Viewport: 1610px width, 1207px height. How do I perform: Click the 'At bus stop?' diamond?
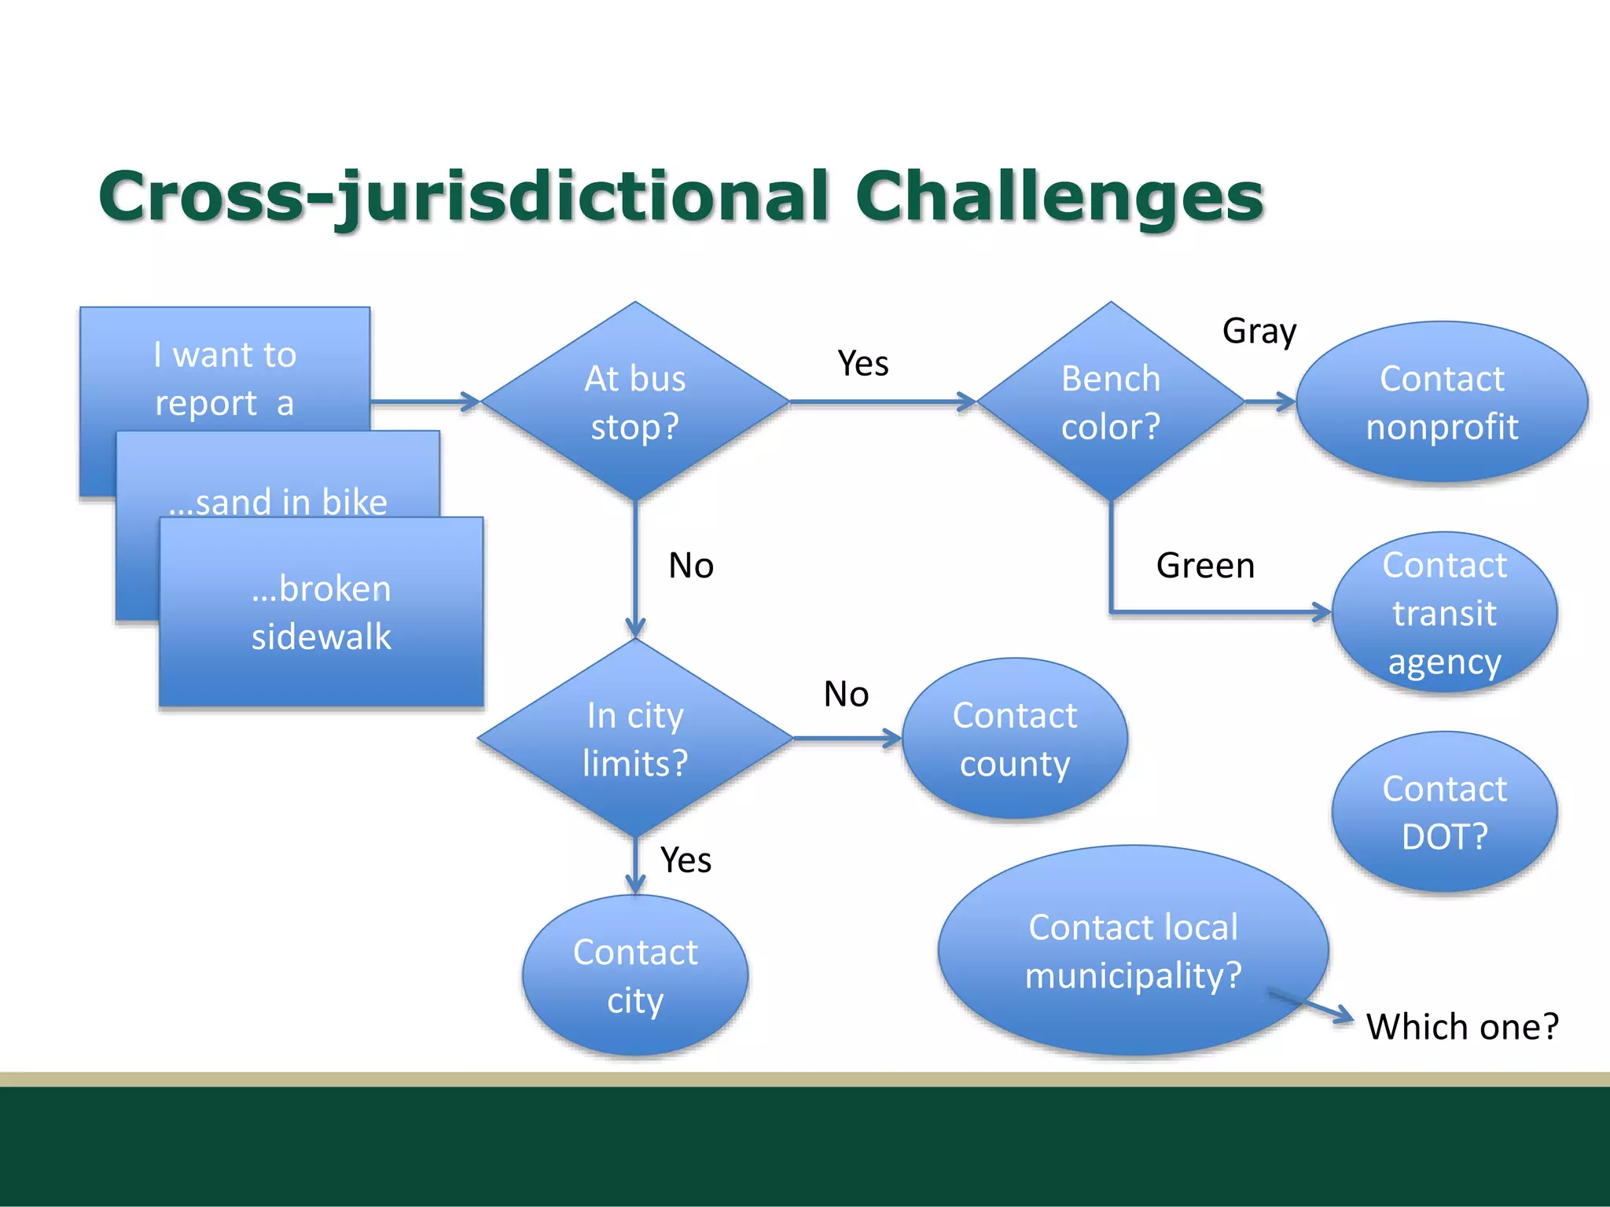click(x=635, y=402)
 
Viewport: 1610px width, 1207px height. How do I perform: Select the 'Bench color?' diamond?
click(x=1110, y=402)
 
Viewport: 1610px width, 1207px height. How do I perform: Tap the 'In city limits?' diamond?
click(x=635, y=739)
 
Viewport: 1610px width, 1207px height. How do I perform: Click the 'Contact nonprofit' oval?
click(x=1442, y=402)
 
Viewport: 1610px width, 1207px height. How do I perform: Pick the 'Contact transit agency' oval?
click(x=1444, y=613)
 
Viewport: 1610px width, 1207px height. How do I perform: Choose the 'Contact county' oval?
click(x=1015, y=739)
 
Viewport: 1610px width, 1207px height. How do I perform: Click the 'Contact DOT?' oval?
click(x=1444, y=812)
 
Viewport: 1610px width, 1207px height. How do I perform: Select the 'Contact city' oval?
click(x=635, y=975)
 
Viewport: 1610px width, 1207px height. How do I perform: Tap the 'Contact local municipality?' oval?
click(x=1133, y=951)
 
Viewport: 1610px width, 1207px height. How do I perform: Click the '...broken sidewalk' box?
click(x=321, y=612)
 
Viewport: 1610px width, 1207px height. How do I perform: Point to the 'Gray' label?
click(x=1259, y=332)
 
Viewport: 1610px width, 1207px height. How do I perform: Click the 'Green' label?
click(x=1205, y=566)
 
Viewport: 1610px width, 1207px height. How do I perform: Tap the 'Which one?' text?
click(x=1462, y=1026)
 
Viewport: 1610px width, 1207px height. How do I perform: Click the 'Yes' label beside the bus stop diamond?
click(x=862, y=364)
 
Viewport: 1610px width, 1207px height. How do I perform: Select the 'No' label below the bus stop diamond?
click(x=691, y=566)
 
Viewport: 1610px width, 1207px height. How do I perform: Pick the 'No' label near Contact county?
click(x=846, y=695)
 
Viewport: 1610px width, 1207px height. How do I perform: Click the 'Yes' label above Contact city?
click(x=686, y=860)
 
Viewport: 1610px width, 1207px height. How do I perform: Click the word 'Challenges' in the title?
click(x=1059, y=196)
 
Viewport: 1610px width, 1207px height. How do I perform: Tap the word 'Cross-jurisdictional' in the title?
click(x=464, y=196)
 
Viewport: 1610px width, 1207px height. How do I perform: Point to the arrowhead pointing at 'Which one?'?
click(x=1344, y=1017)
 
